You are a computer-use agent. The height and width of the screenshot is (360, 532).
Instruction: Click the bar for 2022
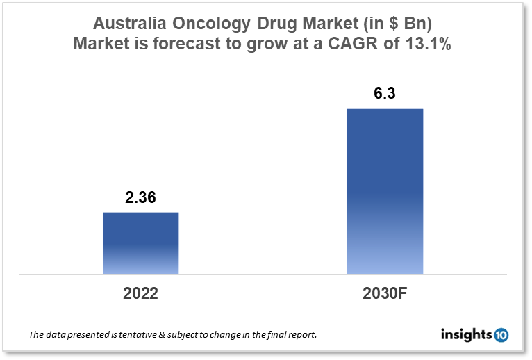[141, 243]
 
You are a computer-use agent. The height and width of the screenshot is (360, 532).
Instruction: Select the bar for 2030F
[385, 191]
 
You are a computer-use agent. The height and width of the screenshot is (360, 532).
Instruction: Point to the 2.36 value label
[141, 198]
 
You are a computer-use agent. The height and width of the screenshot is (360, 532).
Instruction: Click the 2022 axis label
[141, 293]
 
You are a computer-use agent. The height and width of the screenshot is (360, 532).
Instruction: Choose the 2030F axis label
[384, 293]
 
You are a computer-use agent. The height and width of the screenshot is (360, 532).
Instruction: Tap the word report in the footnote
[301, 335]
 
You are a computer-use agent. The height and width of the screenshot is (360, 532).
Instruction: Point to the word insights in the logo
[466, 335]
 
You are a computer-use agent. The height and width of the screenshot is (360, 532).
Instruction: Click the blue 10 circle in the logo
[501, 335]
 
